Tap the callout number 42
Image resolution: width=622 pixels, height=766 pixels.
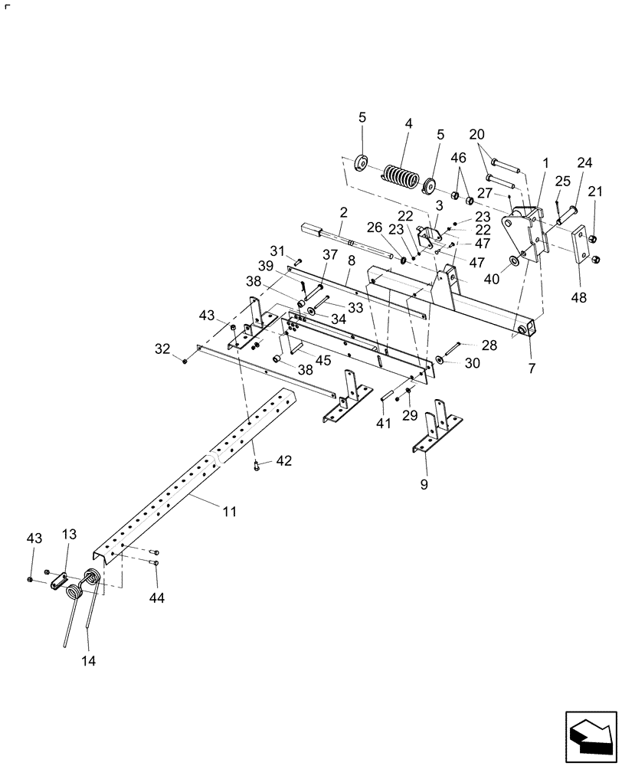[284, 460]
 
